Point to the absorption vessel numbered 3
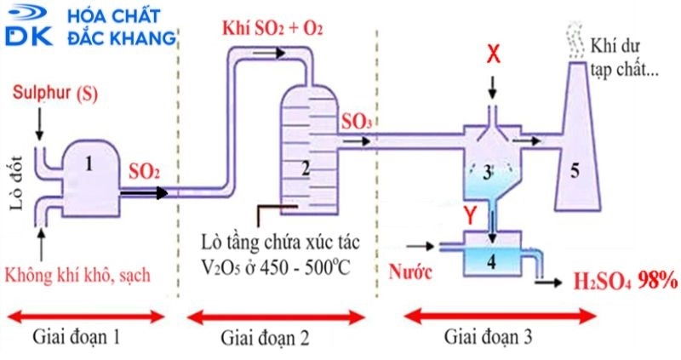488,170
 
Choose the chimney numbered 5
575,170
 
